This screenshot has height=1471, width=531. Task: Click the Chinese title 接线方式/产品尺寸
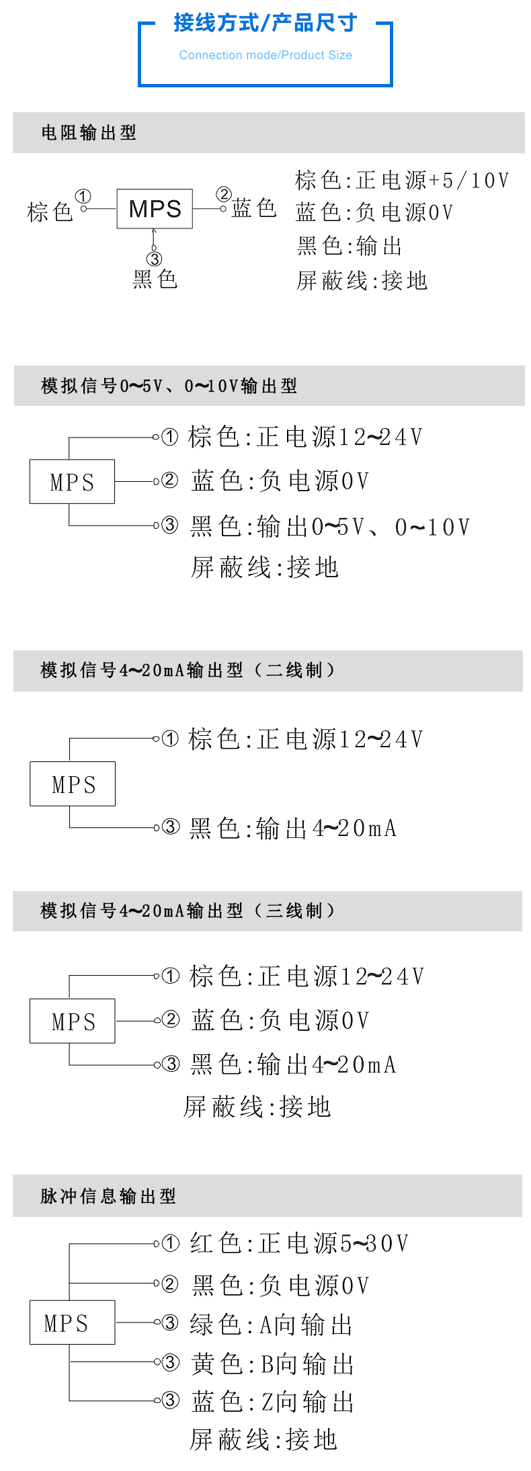(265, 23)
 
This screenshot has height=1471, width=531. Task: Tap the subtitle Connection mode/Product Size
(265, 55)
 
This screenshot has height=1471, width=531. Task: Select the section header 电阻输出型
(89, 132)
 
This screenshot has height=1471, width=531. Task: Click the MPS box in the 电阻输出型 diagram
(155, 209)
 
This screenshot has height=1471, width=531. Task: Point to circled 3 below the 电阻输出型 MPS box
(155, 259)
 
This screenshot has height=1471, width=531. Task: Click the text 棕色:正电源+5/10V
(402, 180)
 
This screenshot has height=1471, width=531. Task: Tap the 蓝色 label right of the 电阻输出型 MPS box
(254, 208)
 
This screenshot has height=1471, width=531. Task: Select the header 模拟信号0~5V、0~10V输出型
(169, 386)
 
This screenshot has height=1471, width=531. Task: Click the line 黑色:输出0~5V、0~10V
(330, 527)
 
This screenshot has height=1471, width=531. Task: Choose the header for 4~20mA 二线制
(188, 670)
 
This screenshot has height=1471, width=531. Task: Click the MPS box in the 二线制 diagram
(73, 784)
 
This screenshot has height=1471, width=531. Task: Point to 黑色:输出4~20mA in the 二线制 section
(293, 828)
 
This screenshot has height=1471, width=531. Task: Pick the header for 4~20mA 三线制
(188, 911)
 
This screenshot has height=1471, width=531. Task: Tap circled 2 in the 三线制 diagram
(171, 1019)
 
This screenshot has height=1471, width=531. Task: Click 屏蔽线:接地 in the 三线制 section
(257, 1106)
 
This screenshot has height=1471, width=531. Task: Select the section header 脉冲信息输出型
(108, 1196)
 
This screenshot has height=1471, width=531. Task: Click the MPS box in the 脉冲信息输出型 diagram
(73, 1322)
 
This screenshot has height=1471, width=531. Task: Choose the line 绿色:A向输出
(272, 1325)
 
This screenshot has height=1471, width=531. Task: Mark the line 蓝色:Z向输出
(272, 1402)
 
